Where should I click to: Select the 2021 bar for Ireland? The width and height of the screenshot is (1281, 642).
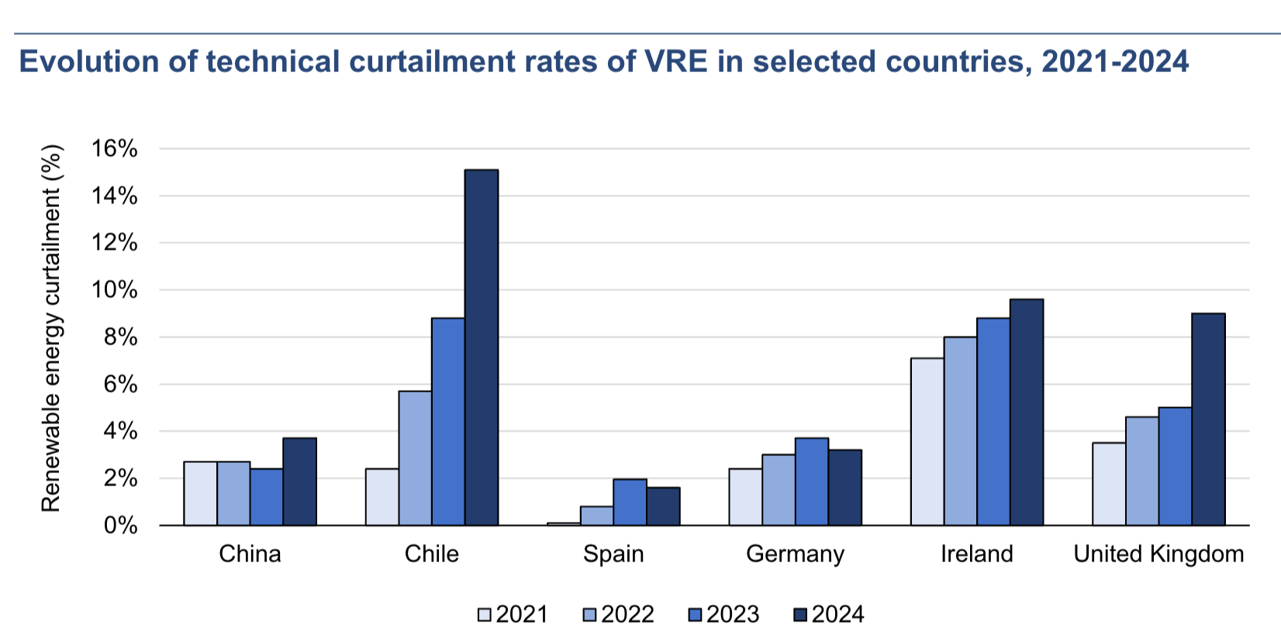click(927, 442)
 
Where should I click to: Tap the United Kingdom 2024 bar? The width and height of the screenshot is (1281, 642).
click(1208, 419)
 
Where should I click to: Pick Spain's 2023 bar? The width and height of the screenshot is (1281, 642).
click(630, 502)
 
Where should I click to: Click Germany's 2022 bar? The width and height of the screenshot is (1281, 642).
click(779, 490)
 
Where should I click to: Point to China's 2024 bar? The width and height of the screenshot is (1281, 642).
click(299, 481)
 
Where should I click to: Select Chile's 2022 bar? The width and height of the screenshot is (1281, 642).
click(415, 458)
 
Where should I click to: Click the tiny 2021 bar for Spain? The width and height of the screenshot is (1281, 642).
click(564, 524)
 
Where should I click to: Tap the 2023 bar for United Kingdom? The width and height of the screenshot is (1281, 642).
click(1175, 467)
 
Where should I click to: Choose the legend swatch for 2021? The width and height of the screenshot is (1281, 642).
click(485, 615)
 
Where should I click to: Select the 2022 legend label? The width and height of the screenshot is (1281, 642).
click(627, 615)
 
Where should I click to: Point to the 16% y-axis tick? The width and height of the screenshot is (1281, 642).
click(114, 149)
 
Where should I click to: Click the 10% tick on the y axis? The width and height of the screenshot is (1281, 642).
click(114, 290)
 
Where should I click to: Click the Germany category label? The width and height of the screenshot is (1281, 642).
click(795, 554)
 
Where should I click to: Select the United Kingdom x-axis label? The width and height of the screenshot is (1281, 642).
click(1158, 554)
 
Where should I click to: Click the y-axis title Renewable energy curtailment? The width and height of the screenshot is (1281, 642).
click(51, 329)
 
